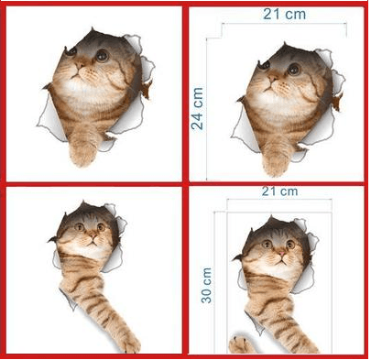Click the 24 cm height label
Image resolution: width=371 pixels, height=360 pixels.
tap(197, 108)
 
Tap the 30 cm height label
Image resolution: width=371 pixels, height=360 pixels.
tap(207, 285)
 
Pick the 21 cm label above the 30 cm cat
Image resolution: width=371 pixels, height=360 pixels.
tap(279, 191)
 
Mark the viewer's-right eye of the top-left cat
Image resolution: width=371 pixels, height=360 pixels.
tap(102, 56)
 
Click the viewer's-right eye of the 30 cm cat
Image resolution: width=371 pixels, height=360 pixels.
tap(289, 245)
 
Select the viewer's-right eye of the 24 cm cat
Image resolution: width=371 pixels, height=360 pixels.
tap(293, 69)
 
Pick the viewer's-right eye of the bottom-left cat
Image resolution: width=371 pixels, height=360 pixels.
tap(102, 226)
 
